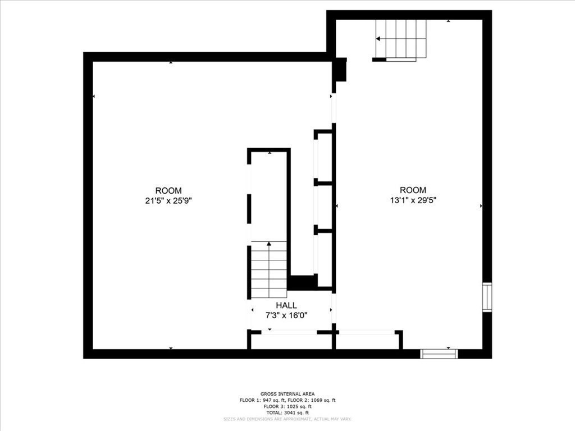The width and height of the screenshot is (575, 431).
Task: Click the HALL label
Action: point(286,305)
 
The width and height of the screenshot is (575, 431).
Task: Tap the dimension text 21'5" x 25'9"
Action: point(168,200)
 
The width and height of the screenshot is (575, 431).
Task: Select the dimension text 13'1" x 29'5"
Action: point(413,199)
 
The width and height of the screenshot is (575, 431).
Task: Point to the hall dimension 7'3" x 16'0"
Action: point(286,315)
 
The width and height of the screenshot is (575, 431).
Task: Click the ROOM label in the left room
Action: point(168,191)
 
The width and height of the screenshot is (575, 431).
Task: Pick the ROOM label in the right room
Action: point(413,190)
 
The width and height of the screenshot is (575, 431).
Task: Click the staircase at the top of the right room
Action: point(401,39)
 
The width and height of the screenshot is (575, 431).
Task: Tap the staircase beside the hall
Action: point(269,270)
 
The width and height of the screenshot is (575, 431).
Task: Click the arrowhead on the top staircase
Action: point(378,39)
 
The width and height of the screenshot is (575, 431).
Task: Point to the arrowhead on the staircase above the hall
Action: point(269,244)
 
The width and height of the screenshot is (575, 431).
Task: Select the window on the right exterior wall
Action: point(487,297)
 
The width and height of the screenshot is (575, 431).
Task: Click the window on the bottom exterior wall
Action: point(439,354)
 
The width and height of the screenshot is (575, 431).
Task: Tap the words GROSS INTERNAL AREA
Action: point(287,394)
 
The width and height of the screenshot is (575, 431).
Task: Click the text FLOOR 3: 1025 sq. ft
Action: point(287,406)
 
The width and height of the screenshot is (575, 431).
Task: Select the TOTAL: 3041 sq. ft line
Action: point(287,412)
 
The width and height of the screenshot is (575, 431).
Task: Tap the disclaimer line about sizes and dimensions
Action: point(287,419)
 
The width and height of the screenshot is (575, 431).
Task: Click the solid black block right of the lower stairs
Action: point(303,282)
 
